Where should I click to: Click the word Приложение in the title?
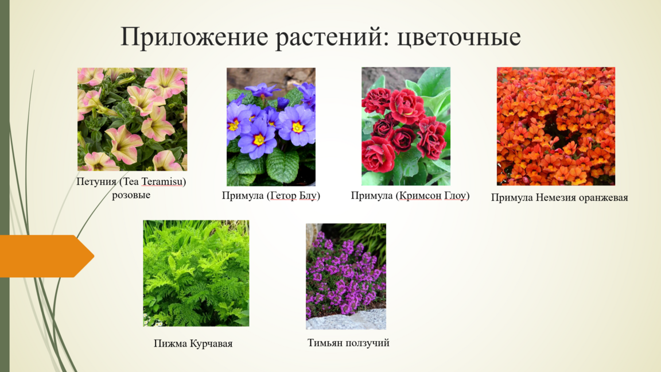(195, 37)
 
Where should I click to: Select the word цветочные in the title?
(458, 37)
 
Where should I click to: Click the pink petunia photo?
(133, 119)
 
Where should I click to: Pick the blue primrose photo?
(271, 126)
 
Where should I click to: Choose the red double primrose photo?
(406, 126)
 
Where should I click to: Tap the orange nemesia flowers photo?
(556, 126)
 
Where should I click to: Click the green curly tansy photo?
(196, 273)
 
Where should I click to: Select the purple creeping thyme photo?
(346, 276)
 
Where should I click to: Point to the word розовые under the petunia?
(131, 195)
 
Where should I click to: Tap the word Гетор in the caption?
(283, 196)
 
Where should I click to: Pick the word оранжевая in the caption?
(603, 198)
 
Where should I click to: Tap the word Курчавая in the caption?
(211, 343)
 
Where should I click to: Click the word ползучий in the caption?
(367, 343)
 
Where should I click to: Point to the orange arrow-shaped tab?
(46, 256)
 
